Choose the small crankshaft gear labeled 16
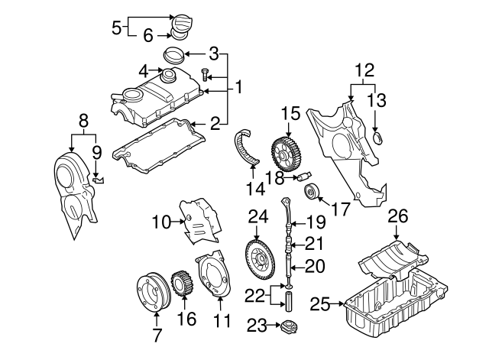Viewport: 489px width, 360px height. click(183, 288)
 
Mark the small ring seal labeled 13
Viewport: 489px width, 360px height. click(377, 138)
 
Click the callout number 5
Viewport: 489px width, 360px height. click(117, 28)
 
